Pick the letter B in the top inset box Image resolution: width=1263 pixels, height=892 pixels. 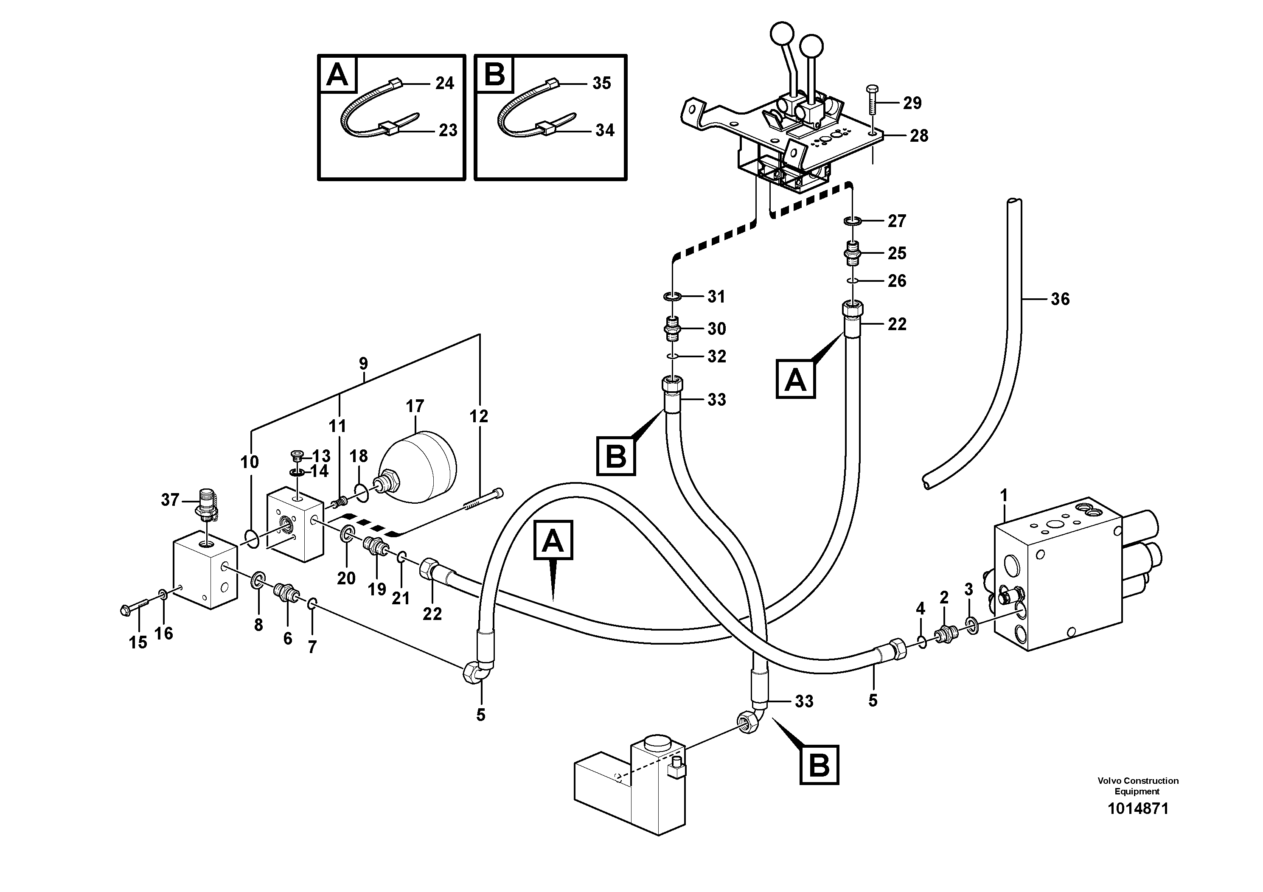click(494, 75)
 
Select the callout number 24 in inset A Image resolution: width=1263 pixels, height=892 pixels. click(444, 84)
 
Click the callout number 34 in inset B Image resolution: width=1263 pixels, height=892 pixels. click(604, 130)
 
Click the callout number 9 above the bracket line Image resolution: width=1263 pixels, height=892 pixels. click(363, 364)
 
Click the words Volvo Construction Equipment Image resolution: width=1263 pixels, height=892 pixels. click(1137, 786)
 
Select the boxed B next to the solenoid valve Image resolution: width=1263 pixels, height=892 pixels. click(819, 764)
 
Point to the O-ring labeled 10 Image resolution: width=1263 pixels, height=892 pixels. click(251, 539)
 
